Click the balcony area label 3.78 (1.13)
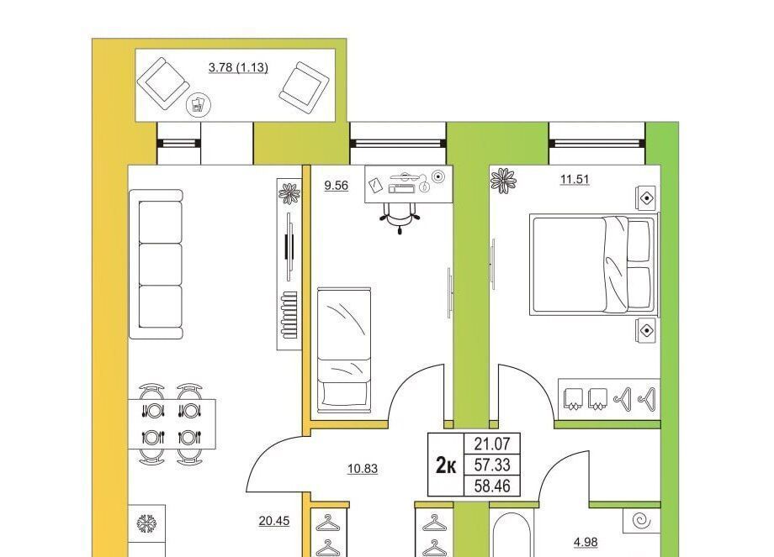[x=238, y=67]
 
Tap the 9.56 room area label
[x=337, y=186]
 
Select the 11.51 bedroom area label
[x=575, y=179]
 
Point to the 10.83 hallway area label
[x=363, y=469]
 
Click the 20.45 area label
[x=274, y=521]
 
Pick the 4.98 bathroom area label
[x=586, y=542]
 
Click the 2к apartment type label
[x=446, y=465]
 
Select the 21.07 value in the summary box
[x=492, y=444]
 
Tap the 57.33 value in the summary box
[x=492, y=465]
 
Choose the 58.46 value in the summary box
[x=492, y=486]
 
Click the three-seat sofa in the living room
[x=156, y=264]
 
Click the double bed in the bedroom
[x=594, y=264]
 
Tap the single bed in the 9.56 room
[x=344, y=349]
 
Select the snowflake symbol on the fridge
[x=146, y=523]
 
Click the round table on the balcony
[x=199, y=104]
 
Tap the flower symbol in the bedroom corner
[x=503, y=181]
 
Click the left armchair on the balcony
[x=163, y=84]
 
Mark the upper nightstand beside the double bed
[x=646, y=198]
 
